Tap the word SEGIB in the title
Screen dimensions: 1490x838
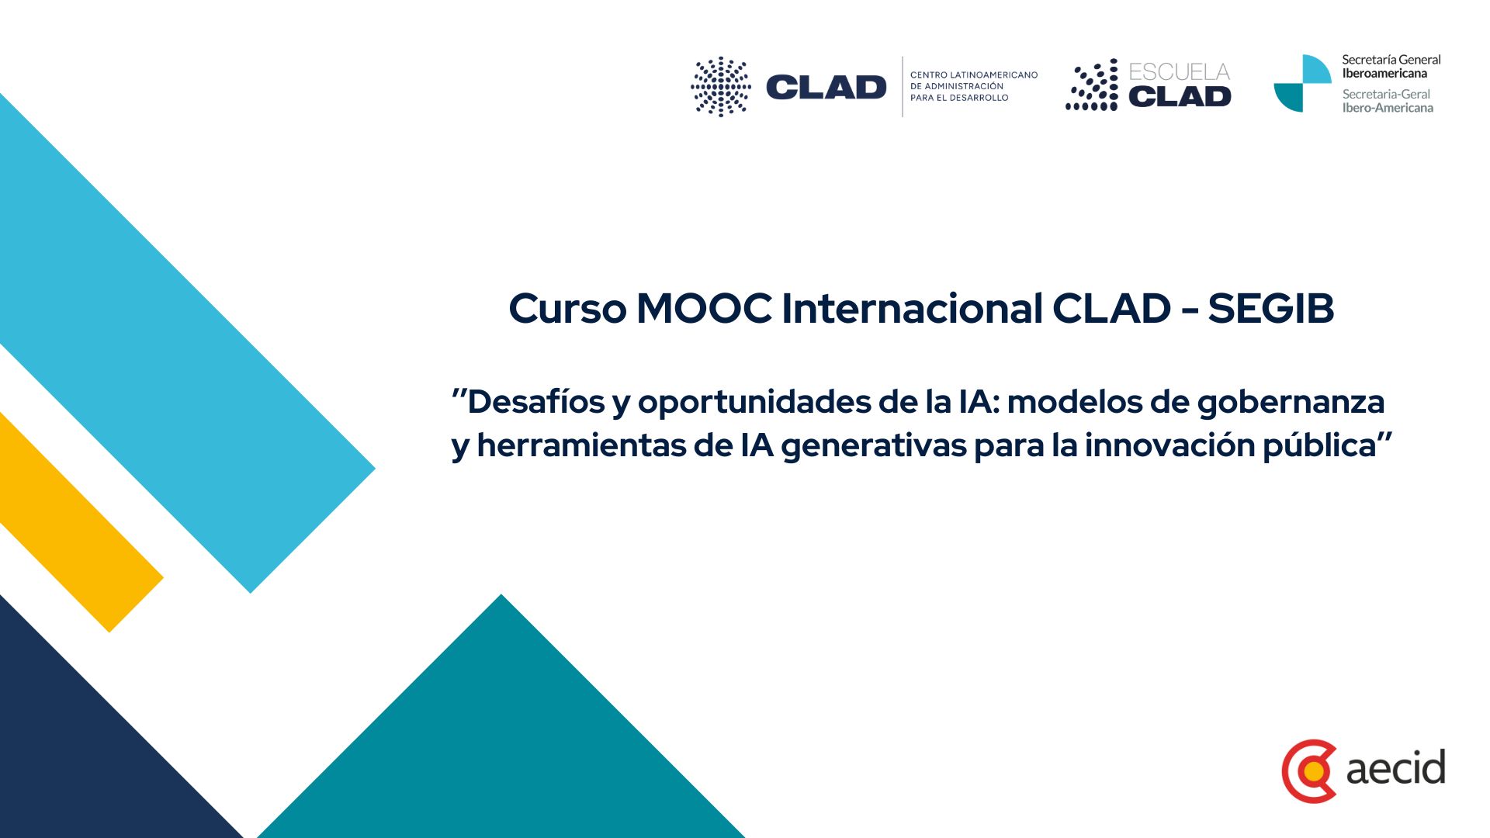(1271, 308)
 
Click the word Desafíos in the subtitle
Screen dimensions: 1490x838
(536, 402)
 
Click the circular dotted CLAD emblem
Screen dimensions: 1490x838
(721, 87)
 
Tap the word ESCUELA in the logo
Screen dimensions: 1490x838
(1180, 72)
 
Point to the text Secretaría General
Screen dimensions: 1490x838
(1391, 60)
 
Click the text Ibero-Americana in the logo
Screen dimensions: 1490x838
(1388, 108)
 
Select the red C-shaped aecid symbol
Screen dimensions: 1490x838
(1308, 771)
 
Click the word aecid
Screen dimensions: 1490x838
(1395, 767)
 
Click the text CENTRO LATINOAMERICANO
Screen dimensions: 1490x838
(974, 75)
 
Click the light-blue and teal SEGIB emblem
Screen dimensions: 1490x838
(1303, 84)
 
